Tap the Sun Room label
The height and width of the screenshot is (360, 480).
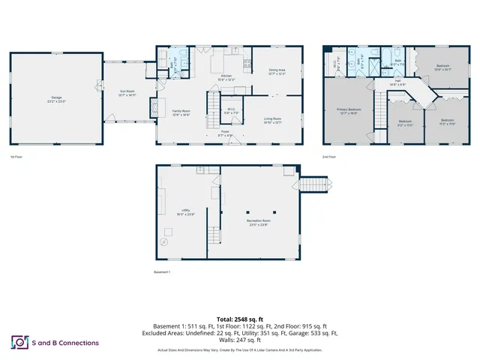127,94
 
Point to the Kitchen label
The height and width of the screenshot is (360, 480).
226,77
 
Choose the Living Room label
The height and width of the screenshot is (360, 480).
272,120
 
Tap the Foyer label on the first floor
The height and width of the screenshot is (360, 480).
224,133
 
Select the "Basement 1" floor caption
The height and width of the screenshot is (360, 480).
162,271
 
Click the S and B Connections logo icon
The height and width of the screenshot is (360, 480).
19,342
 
